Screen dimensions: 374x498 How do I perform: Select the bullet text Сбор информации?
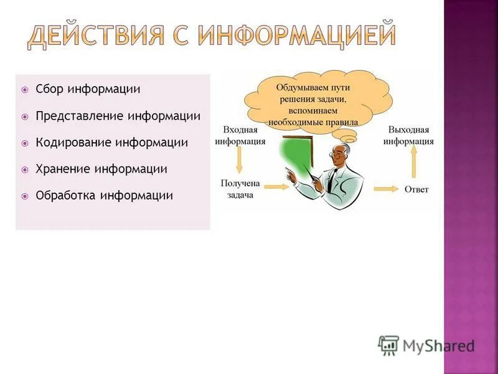point(88,89)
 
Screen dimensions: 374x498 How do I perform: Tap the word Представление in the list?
point(80,116)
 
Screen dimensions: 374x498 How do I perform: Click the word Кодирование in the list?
point(74,143)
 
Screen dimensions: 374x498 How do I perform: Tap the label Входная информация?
point(240,135)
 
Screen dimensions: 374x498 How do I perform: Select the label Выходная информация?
point(408,135)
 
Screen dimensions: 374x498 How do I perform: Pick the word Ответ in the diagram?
point(416,189)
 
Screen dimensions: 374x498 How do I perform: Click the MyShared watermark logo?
point(426,345)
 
